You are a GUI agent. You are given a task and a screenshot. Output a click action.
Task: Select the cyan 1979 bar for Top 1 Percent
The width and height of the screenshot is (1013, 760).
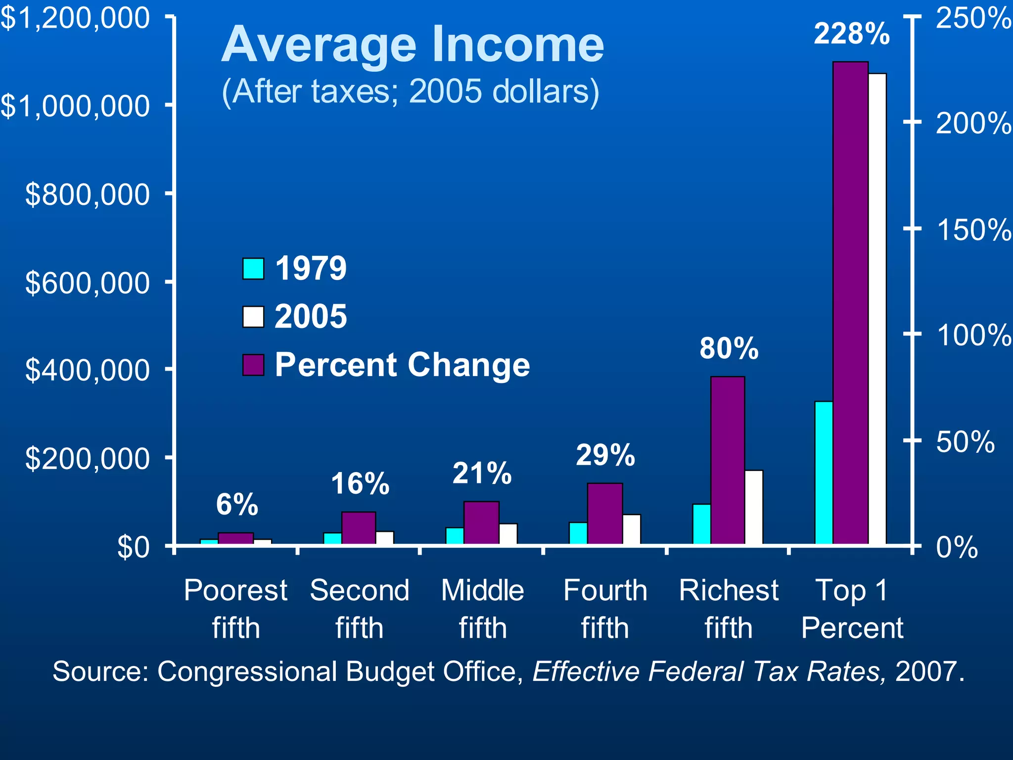(x=824, y=473)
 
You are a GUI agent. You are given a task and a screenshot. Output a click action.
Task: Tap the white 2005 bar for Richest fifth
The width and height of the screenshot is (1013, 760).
(x=754, y=507)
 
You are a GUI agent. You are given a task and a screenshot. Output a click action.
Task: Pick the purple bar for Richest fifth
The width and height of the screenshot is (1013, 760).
(x=727, y=460)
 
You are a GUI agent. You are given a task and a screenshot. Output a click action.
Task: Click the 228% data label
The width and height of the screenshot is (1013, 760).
(x=851, y=34)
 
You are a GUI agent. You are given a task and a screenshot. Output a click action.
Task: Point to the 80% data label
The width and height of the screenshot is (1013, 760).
(x=729, y=348)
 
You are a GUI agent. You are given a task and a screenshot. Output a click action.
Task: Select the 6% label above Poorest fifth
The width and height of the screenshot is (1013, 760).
(x=237, y=505)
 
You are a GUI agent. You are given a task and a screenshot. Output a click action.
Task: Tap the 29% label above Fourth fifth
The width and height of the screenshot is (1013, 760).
(x=605, y=455)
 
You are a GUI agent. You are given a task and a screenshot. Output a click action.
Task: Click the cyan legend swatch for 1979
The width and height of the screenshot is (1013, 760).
(x=253, y=269)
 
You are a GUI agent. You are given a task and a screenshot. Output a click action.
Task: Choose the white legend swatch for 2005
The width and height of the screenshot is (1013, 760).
(x=253, y=317)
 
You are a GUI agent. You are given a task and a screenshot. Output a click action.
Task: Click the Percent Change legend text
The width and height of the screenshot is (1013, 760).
(x=402, y=365)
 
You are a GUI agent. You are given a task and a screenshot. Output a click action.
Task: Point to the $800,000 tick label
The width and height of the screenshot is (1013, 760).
(x=87, y=194)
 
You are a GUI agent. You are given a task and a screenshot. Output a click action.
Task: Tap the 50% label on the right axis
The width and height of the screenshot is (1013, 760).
(x=965, y=442)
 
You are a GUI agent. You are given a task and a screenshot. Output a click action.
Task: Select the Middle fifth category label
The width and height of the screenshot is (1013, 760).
(x=482, y=609)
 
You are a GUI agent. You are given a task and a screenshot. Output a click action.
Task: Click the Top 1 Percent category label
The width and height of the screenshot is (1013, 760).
(x=852, y=609)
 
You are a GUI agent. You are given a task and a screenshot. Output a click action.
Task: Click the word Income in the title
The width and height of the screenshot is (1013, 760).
(x=517, y=45)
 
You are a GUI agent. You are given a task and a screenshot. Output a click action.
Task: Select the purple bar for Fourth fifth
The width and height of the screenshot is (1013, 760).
(x=604, y=514)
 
